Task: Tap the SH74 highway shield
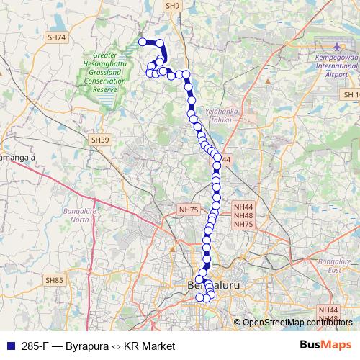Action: click(x=55, y=37)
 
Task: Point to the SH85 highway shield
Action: click(x=55, y=279)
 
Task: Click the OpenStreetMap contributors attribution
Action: click(x=299, y=323)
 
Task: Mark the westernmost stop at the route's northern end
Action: click(x=142, y=42)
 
